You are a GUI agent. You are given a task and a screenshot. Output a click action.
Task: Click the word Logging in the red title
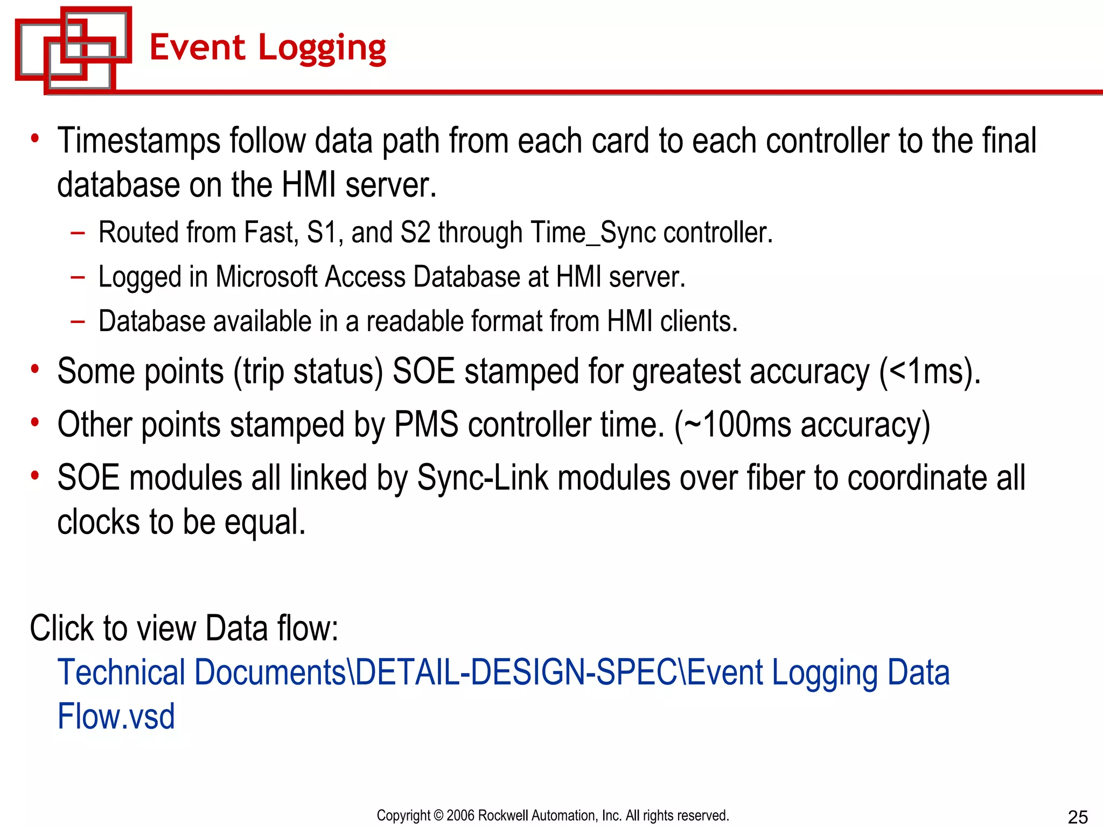click(322, 48)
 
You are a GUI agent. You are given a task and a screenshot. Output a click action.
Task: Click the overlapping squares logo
click(73, 50)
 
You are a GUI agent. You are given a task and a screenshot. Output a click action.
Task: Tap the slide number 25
click(1077, 817)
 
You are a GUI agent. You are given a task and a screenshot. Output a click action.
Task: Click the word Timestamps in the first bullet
click(138, 141)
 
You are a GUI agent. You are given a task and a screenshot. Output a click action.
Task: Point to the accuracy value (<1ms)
click(929, 372)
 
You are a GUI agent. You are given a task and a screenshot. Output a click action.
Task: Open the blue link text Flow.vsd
click(116, 717)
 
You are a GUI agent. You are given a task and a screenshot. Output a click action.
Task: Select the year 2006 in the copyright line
click(460, 816)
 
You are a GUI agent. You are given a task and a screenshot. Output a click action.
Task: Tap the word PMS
click(426, 425)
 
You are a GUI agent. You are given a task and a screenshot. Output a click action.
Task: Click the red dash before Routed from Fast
click(78, 233)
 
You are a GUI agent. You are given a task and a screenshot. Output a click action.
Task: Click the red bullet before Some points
click(35, 369)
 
